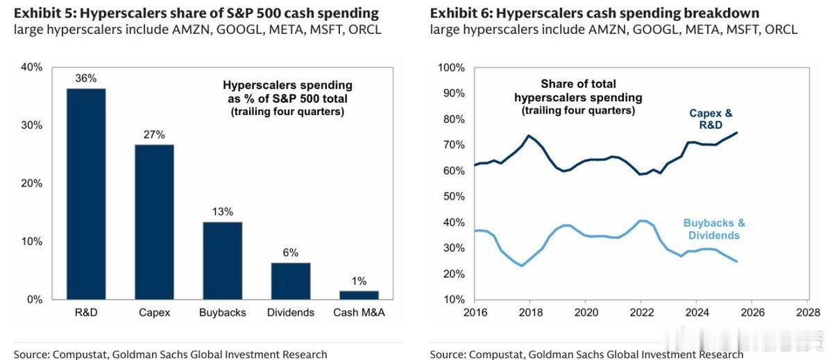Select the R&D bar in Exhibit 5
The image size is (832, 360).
coord(86,194)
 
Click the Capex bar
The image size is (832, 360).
coord(154,222)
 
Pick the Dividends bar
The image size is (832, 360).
coord(290,281)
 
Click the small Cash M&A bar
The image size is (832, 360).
coord(358,295)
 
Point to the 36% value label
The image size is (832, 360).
coord(86,79)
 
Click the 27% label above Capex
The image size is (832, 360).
coord(154,135)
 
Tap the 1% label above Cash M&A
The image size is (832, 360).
coord(358,282)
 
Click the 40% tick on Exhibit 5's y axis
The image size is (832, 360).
coord(32,67)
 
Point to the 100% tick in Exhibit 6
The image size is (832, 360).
coord(452,67)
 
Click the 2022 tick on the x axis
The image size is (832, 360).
coord(640,312)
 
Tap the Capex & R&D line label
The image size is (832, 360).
coord(710,119)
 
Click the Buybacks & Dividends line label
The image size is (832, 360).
coord(714,229)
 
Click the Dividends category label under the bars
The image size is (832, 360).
coord(290,312)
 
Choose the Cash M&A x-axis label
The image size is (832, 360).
coord(358,312)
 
